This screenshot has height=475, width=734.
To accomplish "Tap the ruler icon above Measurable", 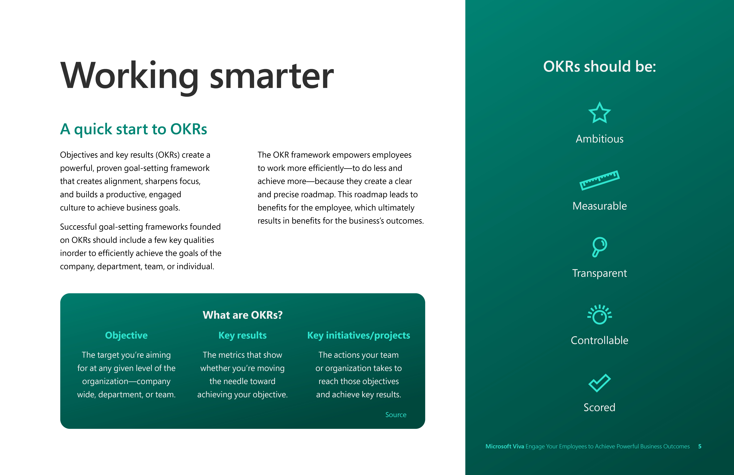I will (599, 180).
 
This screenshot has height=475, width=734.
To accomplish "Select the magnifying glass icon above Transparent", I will (599, 247).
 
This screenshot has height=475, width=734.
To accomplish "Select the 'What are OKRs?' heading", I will (242, 315).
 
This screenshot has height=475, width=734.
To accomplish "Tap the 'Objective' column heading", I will (126, 335).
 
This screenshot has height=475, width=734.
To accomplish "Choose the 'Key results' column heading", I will (242, 335).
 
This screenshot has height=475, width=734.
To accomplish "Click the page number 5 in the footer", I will (700, 446).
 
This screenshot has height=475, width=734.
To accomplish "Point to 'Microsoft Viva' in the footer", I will (505, 446).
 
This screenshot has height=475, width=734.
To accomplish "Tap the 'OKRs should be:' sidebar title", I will (599, 67).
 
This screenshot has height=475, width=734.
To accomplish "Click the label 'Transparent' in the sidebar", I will (599, 273).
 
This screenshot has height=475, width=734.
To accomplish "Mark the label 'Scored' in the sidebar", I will (599, 407).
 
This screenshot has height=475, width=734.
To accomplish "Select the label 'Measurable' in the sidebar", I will (599, 206).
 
